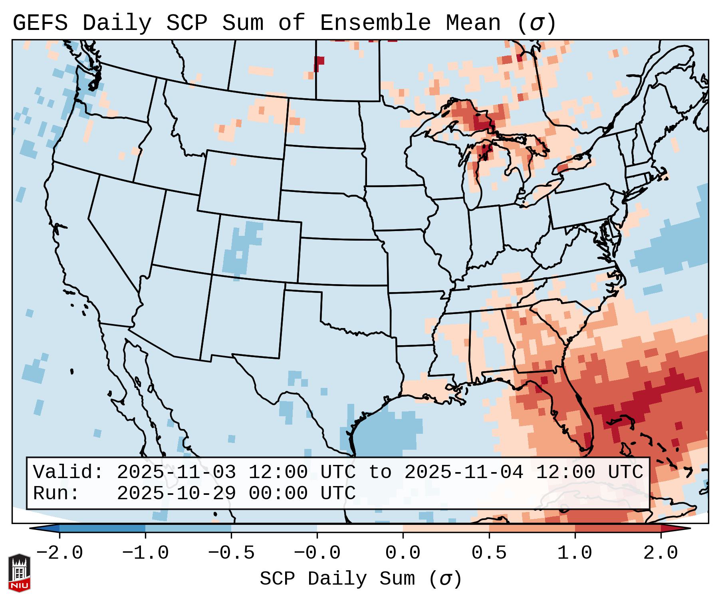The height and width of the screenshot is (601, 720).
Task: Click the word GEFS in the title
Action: [x=40, y=23]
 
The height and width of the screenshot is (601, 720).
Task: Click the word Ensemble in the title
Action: [x=375, y=23]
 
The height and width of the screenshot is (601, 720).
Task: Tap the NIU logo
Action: [x=19, y=573]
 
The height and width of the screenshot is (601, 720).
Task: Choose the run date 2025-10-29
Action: [x=176, y=493]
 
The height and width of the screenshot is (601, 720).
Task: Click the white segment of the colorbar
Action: [x=360, y=528]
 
